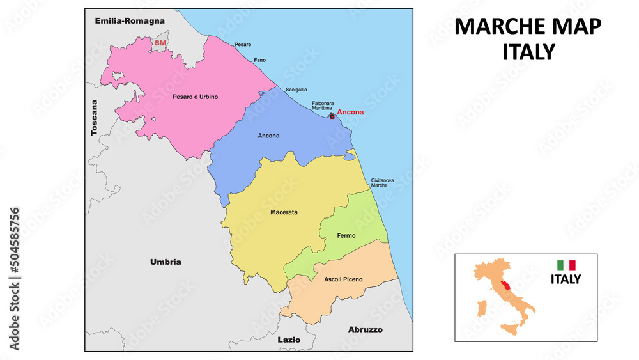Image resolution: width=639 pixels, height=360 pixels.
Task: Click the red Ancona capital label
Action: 350,113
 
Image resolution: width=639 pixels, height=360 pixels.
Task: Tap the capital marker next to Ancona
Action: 332,116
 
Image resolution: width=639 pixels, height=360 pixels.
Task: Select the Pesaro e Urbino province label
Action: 195,97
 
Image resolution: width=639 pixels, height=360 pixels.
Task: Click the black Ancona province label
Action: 268,136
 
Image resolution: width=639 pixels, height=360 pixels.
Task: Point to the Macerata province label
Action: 284,212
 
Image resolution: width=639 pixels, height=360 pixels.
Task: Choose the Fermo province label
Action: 346,236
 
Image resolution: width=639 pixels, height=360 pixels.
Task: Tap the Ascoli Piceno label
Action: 343,279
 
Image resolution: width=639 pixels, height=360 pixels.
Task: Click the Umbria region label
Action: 166,262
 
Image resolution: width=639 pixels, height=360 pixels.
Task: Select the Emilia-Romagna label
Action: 130,21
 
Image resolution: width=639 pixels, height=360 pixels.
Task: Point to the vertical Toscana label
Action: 95,117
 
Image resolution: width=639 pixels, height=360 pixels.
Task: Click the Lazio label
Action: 289,340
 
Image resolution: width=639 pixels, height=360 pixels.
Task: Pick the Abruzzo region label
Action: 365,329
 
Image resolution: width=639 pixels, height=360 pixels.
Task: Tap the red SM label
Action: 158,43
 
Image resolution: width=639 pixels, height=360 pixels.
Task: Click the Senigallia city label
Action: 296,90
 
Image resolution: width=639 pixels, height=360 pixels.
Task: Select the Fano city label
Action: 260,60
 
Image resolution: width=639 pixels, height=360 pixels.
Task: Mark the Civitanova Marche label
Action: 384,182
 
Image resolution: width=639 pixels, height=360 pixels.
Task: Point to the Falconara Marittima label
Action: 324,106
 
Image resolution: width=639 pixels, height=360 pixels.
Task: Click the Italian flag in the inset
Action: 566,265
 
